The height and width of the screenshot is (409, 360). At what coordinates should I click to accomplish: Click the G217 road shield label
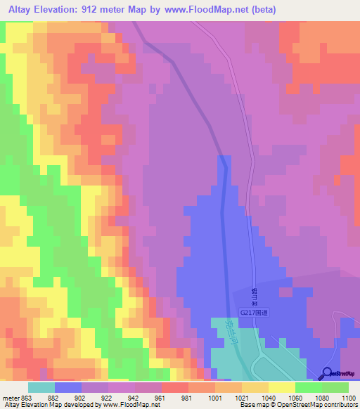254,313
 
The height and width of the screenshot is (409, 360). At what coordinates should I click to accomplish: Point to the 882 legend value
55,398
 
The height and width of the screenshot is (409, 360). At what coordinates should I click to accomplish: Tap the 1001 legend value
215,398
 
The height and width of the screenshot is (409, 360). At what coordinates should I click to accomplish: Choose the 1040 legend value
269,398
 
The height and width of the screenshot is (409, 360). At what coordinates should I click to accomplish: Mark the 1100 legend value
347,398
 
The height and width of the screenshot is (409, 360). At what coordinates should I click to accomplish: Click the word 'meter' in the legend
10,398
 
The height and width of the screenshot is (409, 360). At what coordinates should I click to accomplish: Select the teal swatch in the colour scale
41,387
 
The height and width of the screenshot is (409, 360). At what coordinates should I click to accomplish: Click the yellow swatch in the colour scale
282,387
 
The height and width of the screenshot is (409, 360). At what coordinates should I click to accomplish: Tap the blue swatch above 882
68,387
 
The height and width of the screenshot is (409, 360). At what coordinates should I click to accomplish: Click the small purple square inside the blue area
285,292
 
